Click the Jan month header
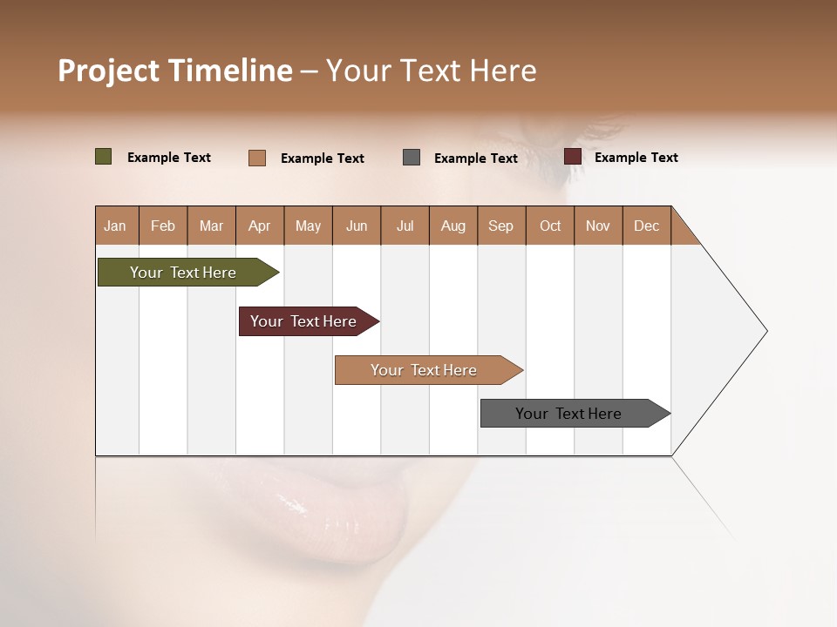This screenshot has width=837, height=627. point(115,226)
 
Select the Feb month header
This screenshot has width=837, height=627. point(163,226)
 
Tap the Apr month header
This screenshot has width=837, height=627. point(259,226)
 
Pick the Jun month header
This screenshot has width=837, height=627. point(357,226)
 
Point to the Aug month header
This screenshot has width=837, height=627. point(453,226)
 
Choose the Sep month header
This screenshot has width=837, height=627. point(500,226)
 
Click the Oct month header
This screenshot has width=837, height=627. point(550,226)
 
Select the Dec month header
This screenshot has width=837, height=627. point(646,226)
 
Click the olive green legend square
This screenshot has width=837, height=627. point(103,157)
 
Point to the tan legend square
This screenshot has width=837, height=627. point(256,158)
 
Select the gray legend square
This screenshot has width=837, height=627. point(412,157)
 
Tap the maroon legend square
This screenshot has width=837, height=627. point(572,157)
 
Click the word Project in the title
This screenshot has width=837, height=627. point(109,71)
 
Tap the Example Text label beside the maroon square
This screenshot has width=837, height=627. point(636,158)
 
